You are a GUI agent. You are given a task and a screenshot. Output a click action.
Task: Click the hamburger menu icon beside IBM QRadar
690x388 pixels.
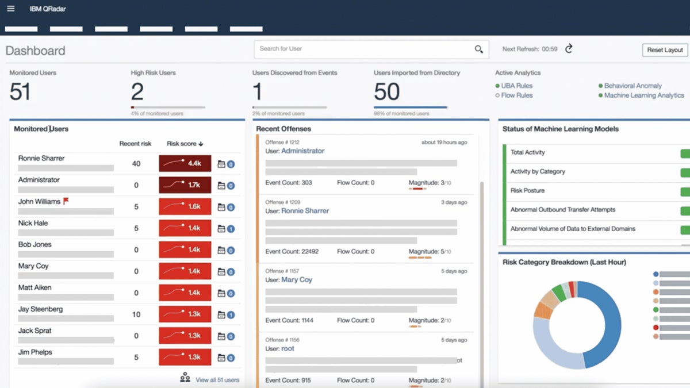pos(10,9)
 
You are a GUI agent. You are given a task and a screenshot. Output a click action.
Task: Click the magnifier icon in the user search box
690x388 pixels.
pos(478,49)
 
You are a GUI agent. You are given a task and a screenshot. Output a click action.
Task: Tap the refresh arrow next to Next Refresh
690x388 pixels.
pos(569,49)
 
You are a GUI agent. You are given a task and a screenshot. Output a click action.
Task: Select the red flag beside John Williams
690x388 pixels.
pos(66,201)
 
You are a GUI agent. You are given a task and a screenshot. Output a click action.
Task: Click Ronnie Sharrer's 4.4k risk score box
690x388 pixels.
pos(185,164)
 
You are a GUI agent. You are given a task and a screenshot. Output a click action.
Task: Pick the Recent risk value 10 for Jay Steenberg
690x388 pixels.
pos(136,314)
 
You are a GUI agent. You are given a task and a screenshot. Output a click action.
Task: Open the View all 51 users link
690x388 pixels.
pos(217,380)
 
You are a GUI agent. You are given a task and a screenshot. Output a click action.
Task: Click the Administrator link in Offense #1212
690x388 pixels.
pos(302,151)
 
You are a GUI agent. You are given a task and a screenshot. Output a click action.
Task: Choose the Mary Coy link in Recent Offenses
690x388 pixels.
pos(297,280)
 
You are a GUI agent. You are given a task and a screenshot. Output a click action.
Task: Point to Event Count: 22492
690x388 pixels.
pos(292,252)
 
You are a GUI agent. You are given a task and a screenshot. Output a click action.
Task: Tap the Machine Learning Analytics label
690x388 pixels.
pos(644,95)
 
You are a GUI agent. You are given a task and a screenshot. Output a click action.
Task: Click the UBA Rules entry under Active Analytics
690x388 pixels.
pos(516,86)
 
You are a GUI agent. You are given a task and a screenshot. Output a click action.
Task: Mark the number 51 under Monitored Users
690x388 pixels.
pos(20,92)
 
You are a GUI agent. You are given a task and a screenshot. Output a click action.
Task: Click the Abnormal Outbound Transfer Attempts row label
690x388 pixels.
pos(562,210)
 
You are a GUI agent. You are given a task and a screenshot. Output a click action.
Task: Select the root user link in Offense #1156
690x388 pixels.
pos(287,349)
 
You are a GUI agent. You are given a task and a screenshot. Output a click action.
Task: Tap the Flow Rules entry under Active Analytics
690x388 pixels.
pos(516,95)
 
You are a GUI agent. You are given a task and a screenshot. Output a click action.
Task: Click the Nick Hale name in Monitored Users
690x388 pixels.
pos(33,223)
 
